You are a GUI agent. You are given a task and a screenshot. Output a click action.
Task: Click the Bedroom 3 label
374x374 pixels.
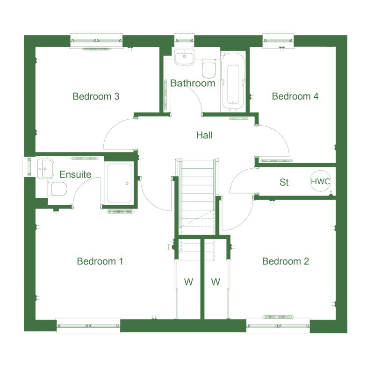pyautogui.click(x=96, y=96)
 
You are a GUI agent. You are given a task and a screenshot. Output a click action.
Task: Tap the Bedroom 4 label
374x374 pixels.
pyautogui.click(x=295, y=96)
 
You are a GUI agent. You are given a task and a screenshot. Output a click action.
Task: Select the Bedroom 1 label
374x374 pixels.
pyautogui.click(x=100, y=261)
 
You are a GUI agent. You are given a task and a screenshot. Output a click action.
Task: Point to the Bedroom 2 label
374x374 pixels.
pyautogui.click(x=286, y=261)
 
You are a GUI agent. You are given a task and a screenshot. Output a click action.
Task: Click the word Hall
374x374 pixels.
pyautogui.click(x=204, y=135)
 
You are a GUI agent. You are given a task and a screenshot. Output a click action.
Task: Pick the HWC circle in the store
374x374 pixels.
pyautogui.click(x=321, y=181)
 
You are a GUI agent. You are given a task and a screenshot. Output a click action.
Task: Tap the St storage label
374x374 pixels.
pyautogui.click(x=284, y=182)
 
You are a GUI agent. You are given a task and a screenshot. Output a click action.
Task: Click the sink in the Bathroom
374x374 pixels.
pyautogui.click(x=184, y=57)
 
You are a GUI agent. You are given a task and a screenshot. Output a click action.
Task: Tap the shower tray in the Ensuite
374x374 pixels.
pyautogui.click(x=119, y=183)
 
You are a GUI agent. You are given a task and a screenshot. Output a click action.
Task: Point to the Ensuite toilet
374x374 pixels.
pyautogui.click(x=58, y=189)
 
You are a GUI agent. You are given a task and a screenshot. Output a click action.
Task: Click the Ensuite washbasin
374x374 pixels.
pyautogui.click(x=45, y=169)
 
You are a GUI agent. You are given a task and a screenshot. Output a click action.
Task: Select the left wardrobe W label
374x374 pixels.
pyautogui.click(x=188, y=282)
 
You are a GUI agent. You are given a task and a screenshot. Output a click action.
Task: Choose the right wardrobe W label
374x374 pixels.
pyautogui.click(x=216, y=282)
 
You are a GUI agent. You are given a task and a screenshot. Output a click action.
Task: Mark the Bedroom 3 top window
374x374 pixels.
pyautogui.click(x=96, y=41)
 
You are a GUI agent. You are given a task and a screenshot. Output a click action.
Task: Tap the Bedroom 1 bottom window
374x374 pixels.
pyautogui.click(x=88, y=325)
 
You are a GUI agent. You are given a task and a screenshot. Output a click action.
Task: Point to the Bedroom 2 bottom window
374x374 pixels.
pyautogui.click(x=278, y=325)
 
